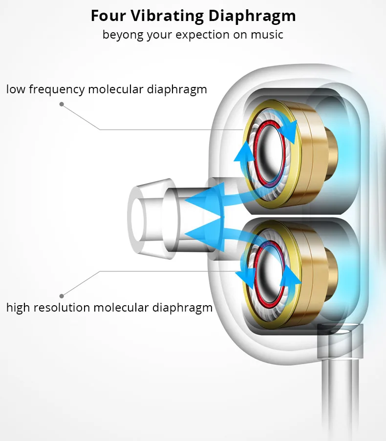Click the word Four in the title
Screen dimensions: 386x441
107,16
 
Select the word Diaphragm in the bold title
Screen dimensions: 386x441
252,16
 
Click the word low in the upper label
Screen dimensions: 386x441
15,89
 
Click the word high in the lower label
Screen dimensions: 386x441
18,308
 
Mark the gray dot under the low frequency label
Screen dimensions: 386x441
62,104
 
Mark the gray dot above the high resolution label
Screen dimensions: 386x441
62,295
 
